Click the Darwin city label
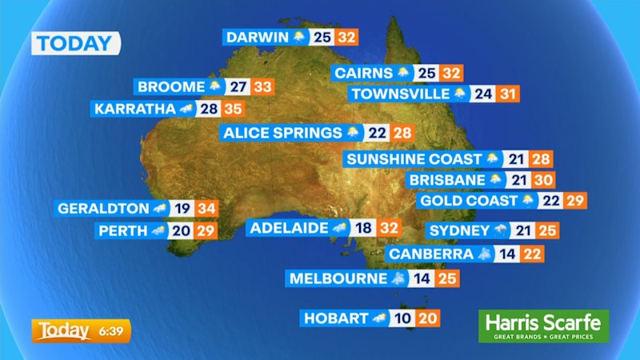click(x=258, y=37)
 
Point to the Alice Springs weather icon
click(x=353, y=132)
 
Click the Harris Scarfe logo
click(x=543, y=326)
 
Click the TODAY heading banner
click(x=76, y=43)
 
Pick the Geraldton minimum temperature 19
click(x=182, y=208)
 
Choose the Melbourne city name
click(x=338, y=278)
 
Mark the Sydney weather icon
click(x=501, y=230)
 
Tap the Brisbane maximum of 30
click(x=543, y=181)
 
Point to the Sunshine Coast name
click(x=414, y=159)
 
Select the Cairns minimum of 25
click(x=426, y=73)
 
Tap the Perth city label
click(x=122, y=230)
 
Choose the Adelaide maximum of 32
click(x=390, y=228)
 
